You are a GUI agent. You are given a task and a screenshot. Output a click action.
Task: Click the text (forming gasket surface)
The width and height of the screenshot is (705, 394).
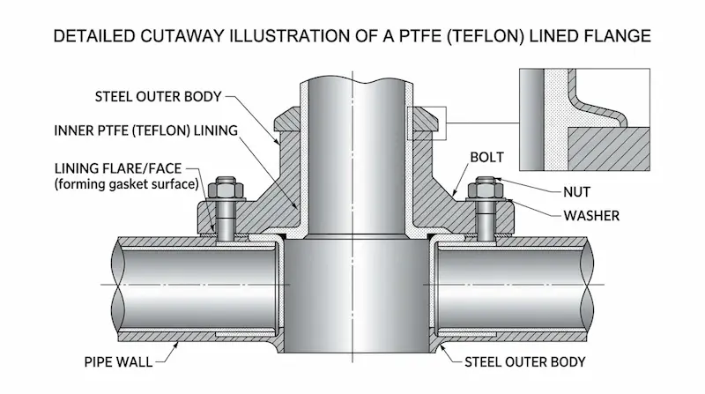pyautogui.click(x=122, y=184)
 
